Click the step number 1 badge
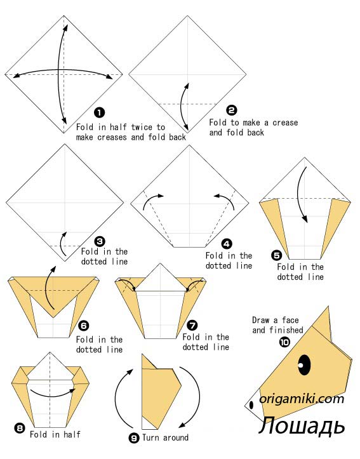pos(100,112)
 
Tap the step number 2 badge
pos(232,110)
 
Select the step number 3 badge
pos(100,241)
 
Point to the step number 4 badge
pos(227,244)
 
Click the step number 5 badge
pos(277,255)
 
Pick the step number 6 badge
pos(84,326)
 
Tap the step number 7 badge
pos(192,325)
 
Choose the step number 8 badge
pos(19,429)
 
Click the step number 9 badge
pos(134,438)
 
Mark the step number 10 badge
pos(284,342)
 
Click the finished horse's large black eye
pos(304,365)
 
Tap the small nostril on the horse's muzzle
pos(251,405)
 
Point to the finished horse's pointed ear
pos(322,324)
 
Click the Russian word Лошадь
pos(302,425)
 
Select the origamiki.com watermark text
pos(302,399)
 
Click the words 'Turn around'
pos(165,437)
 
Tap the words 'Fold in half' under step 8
pos(55,434)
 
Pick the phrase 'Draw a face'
pos(276,320)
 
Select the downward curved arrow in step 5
pos(301,195)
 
